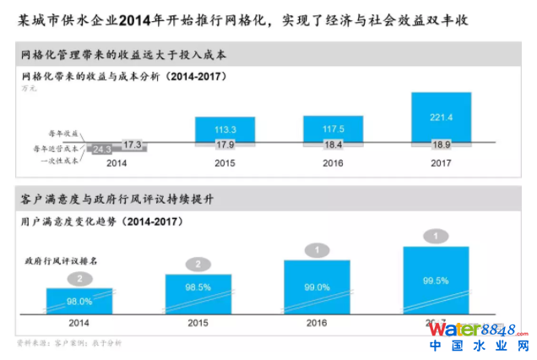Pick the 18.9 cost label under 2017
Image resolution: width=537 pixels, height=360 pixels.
pyautogui.click(x=440, y=145)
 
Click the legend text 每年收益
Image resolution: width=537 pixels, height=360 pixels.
pyautogui.click(x=64, y=134)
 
